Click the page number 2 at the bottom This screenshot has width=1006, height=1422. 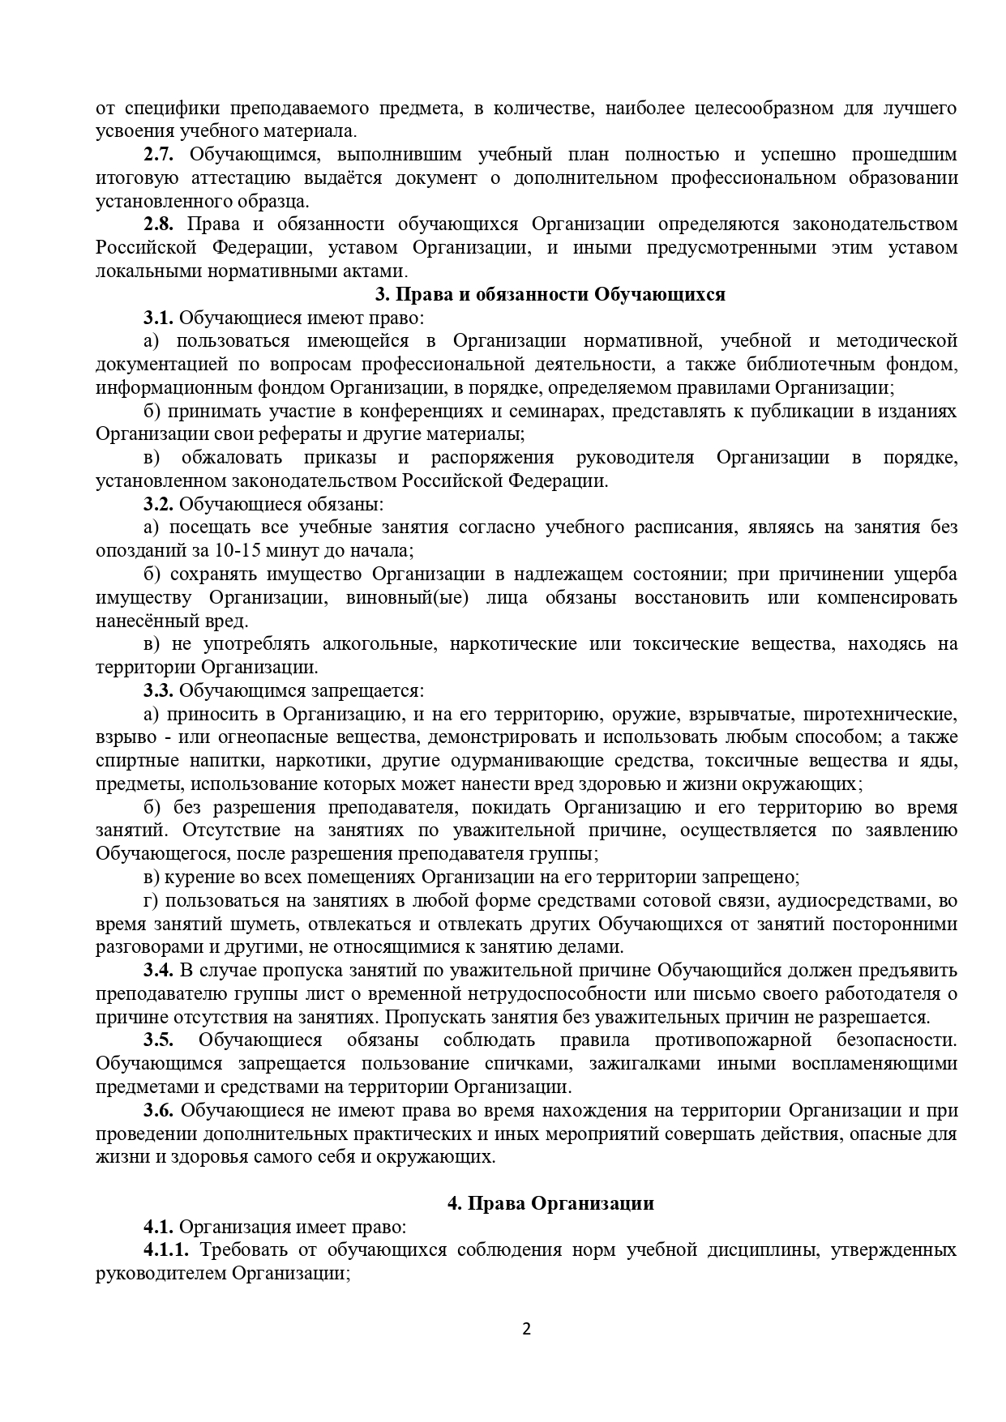pos(526,1328)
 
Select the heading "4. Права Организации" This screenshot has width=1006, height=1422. pos(550,1203)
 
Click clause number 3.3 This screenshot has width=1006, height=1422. pos(159,691)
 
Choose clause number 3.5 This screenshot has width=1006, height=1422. pos(159,1040)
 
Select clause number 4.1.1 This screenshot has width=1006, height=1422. pos(166,1249)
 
